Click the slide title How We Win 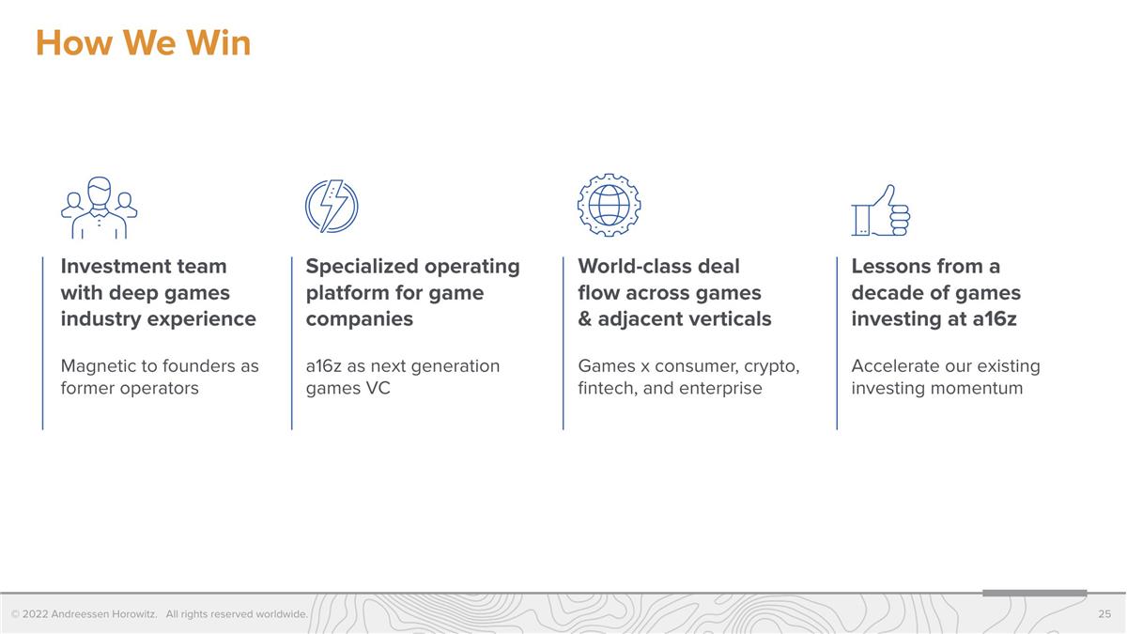click(x=143, y=43)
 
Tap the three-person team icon click(x=99, y=208)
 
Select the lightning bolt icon click(x=332, y=207)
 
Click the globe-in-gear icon click(x=609, y=205)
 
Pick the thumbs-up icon click(x=881, y=210)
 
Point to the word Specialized click(x=361, y=267)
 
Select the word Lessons click(x=890, y=267)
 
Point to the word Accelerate click(x=897, y=366)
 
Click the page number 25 click(x=1104, y=614)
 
